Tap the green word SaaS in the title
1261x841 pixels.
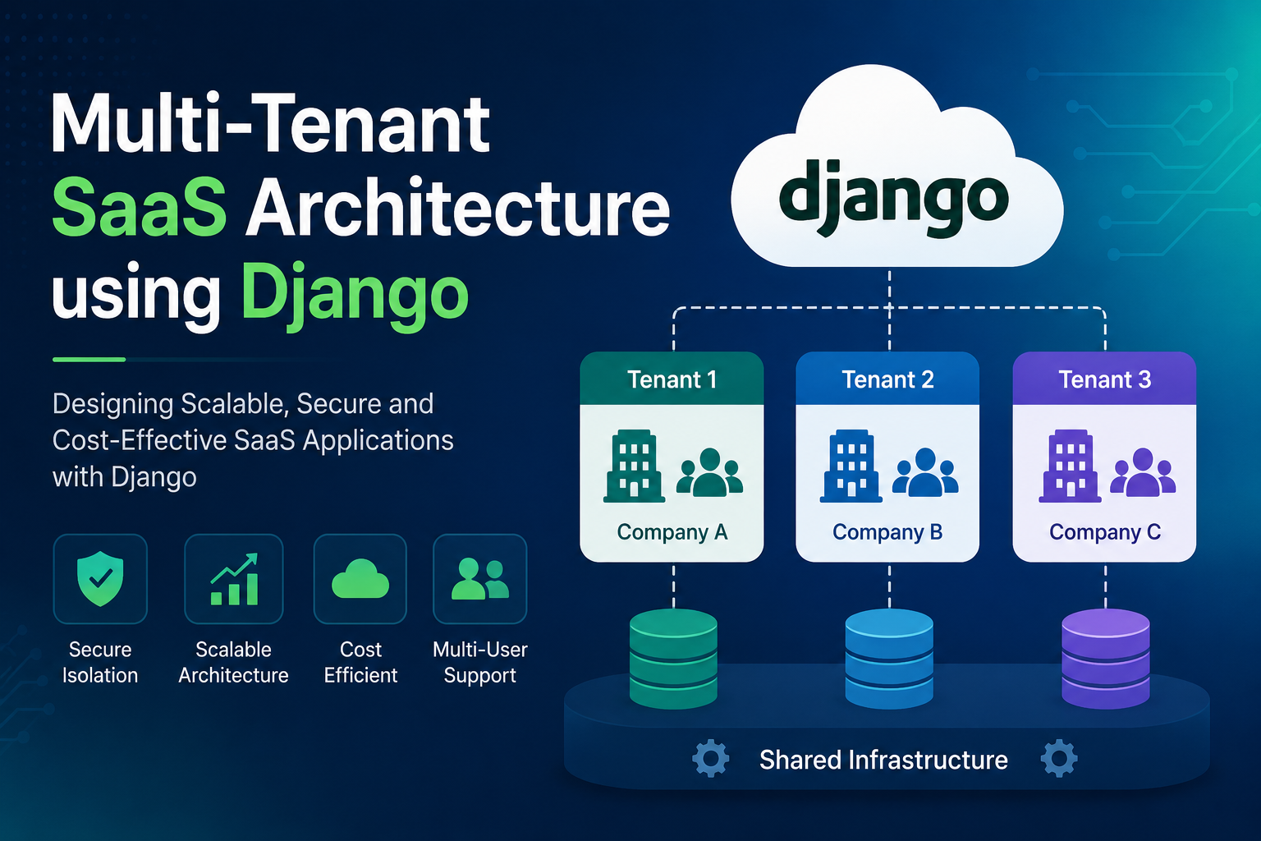coord(140,207)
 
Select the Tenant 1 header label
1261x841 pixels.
coord(672,379)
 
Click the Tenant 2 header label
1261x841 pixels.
coord(887,379)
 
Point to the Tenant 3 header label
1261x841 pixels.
coord(1104,379)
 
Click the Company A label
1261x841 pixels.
coord(672,532)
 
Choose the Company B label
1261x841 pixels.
coord(887,532)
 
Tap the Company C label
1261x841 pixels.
coord(1104,532)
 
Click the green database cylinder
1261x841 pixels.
coord(673,659)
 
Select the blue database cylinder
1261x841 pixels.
coord(889,659)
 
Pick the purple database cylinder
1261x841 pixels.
coord(1106,659)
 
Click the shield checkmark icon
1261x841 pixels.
coord(100,578)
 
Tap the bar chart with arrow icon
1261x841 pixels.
coord(234,579)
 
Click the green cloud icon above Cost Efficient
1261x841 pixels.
coord(360,578)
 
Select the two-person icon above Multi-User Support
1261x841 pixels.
coord(480,578)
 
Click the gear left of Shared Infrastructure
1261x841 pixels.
coord(710,758)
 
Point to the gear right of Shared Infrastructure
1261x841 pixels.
coord(1059,758)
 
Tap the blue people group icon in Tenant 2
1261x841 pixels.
coord(925,472)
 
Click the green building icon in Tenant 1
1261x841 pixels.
coord(634,466)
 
